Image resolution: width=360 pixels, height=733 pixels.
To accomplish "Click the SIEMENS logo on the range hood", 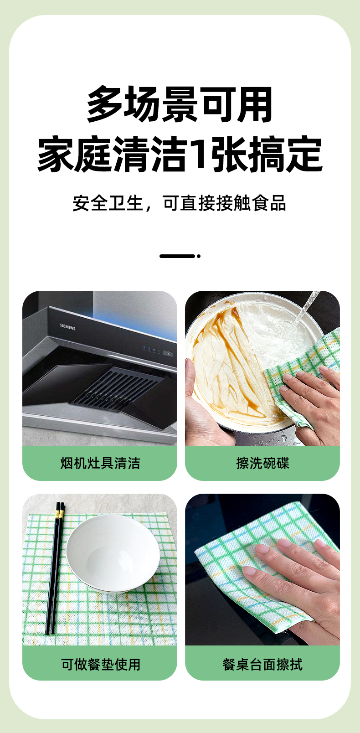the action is [x=67, y=326].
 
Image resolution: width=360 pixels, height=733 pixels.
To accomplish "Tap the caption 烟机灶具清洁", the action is [x=100, y=463].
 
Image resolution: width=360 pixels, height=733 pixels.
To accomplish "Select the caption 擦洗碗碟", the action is [x=262, y=463].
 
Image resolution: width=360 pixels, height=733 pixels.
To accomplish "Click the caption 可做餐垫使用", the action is [x=100, y=665].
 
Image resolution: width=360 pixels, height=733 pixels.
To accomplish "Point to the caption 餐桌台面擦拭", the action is [x=262, y=665].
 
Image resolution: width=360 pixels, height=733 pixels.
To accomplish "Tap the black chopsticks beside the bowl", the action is [x=55, y=568].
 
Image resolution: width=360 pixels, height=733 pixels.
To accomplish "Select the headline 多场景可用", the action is [x=180, y=104].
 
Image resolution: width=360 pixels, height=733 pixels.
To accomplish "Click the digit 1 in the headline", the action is [x=199, y=153].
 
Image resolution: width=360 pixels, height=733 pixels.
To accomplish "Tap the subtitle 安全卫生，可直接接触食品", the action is [x=180, y=203].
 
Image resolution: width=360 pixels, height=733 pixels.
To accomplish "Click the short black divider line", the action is [x=177, y=256].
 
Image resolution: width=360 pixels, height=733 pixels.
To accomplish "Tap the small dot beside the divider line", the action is [x=198, y=256].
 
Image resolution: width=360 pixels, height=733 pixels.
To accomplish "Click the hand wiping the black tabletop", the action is [x=294, y=586].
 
